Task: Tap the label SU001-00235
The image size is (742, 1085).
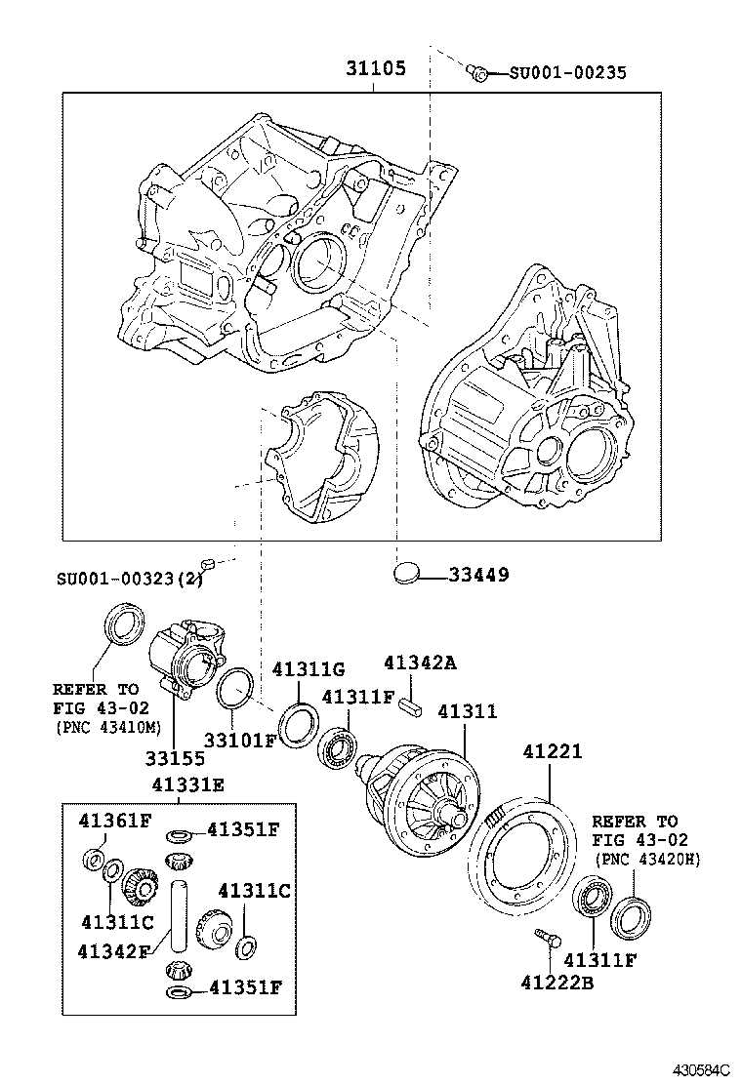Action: (567, 72)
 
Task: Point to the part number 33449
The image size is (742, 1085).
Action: (478, 575)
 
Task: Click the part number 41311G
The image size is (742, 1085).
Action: (309, 669)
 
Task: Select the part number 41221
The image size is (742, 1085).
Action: (552, 752)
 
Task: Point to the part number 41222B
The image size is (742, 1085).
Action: (557, 983)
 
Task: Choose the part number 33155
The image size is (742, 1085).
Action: (177, 757)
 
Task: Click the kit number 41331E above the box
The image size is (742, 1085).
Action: (187, 784)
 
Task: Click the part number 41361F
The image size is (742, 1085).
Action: (114, 820)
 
